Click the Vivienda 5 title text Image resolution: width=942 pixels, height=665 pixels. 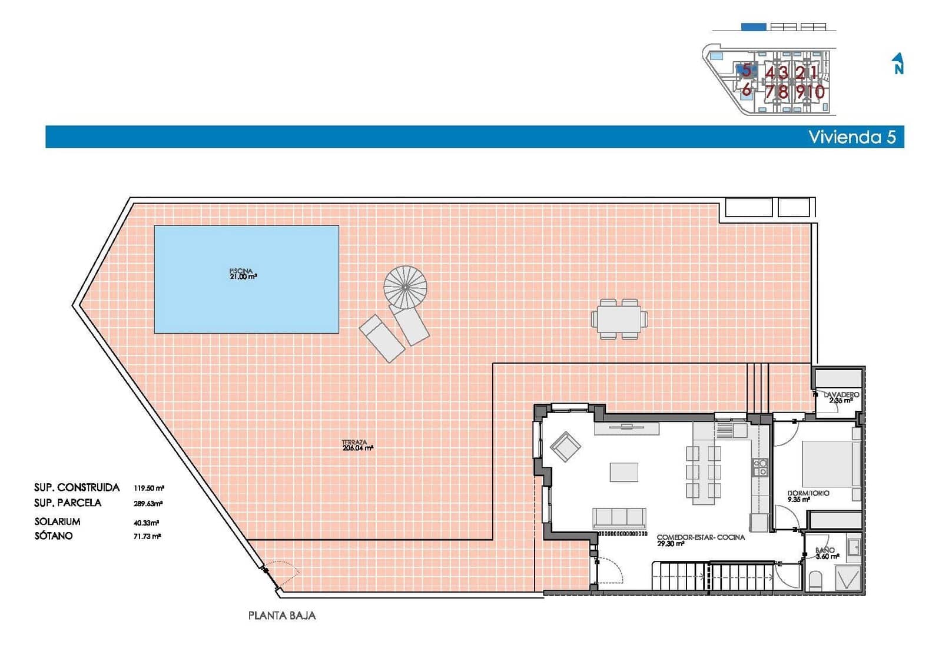851,137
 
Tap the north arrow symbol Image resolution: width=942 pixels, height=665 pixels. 898,64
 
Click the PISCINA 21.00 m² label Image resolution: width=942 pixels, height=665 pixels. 243,274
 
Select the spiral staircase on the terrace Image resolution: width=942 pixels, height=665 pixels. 405,287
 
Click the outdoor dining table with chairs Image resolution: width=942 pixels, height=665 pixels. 619,319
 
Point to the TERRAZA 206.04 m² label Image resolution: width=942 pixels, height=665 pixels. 357,445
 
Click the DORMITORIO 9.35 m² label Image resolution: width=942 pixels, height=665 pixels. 808,496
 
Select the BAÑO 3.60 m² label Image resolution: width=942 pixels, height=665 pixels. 827,553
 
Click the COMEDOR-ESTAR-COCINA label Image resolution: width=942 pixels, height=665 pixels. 700,540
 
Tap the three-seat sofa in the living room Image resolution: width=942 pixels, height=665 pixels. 619,518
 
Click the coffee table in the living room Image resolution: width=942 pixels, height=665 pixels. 623,472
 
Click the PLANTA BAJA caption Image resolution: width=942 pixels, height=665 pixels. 282,616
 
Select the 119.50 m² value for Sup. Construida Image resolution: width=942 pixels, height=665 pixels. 148,488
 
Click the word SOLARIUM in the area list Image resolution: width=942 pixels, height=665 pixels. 57,521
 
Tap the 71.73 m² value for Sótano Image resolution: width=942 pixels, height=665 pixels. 147,536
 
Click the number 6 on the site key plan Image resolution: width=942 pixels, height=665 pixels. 746,90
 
